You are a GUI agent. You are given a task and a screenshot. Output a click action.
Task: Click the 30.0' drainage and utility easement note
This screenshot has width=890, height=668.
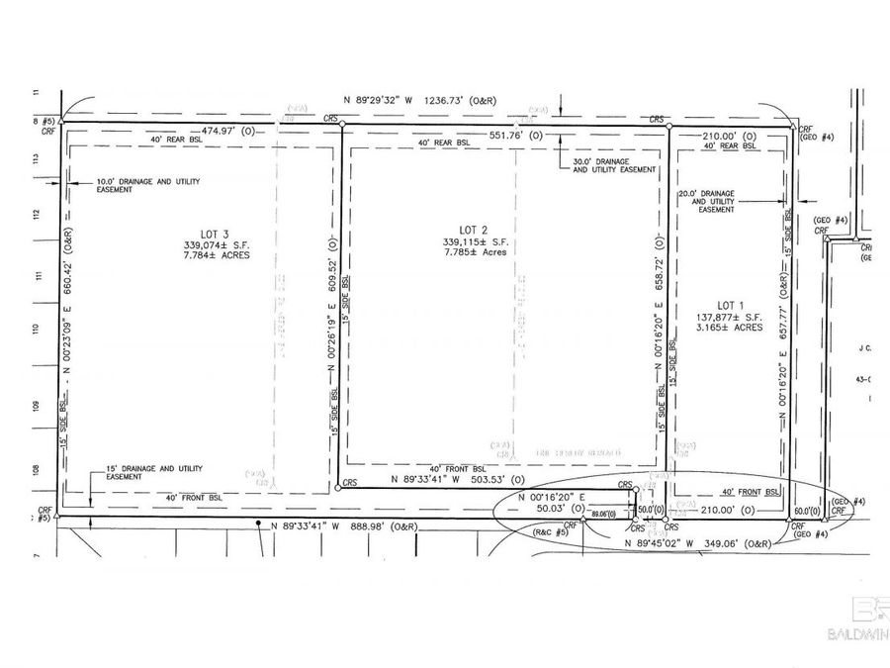pos(614,164)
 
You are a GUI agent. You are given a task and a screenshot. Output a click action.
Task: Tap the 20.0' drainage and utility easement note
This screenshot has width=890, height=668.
pos(716,201)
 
